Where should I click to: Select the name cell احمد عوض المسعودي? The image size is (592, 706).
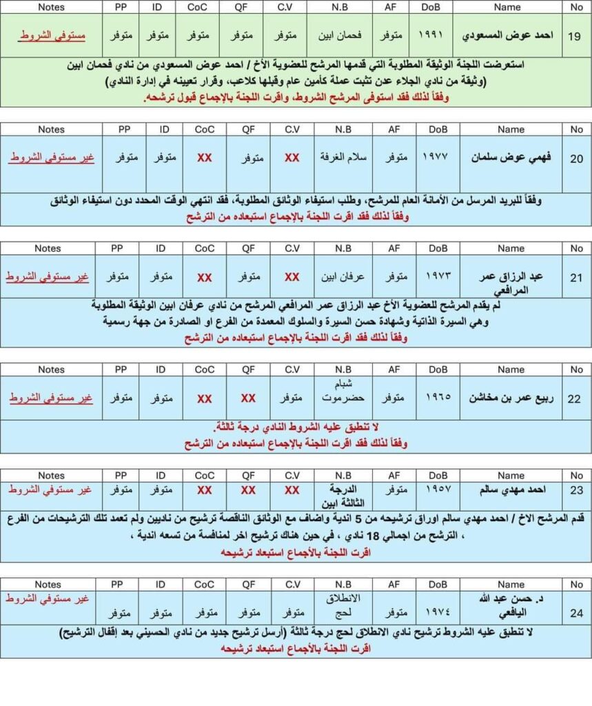click(511, 34)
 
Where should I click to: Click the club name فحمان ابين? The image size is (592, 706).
click(342, 34)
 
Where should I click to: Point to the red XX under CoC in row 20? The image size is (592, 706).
click(204, 158)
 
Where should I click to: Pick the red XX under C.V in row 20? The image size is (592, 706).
click(292, 158)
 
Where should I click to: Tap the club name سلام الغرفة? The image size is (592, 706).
click(342, 157)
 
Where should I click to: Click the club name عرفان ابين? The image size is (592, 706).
click(342, 276)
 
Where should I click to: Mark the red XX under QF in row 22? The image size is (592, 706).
click(248, 399)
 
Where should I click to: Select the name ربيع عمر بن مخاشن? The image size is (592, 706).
click(511, 398)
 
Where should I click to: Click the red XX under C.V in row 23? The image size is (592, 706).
click(292, 490)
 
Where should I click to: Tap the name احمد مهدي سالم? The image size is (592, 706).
click(511, 490)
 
